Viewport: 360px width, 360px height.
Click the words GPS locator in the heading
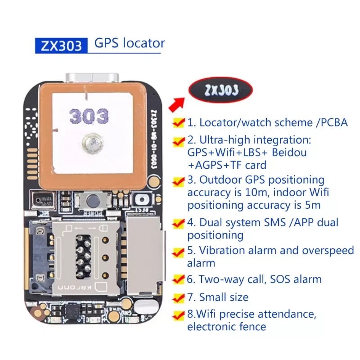click(130, 44)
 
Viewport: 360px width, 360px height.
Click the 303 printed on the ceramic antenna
click(89, 116)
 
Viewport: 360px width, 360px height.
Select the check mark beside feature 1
click(179, 122)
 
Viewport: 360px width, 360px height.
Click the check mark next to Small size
click(179, 297)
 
